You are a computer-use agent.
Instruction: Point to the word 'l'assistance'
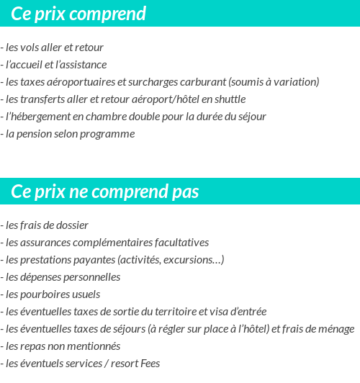81,65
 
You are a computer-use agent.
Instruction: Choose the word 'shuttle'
228,99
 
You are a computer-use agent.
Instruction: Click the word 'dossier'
71,225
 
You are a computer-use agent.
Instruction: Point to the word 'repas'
33,346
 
